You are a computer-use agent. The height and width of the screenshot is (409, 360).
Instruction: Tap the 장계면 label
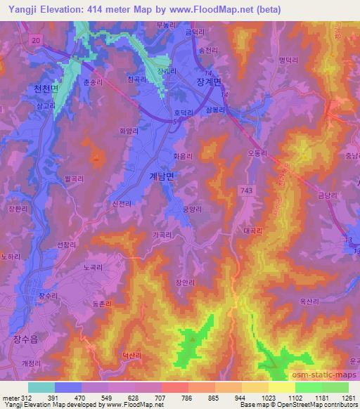[208, 82]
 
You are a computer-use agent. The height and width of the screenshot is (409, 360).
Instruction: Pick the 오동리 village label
[258, 149]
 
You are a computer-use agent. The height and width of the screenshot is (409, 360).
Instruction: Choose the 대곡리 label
[252, 231]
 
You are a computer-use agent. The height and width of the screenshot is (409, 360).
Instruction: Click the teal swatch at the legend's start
[41, 387]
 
